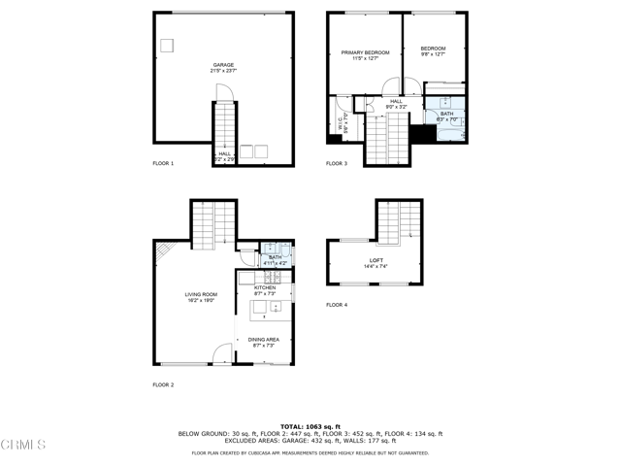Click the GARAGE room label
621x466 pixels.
[x=223, y=67]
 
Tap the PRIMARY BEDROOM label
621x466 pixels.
[x=364, y=54]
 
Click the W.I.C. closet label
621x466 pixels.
[x=341, y=124]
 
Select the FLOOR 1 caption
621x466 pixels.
[x=163, y=163]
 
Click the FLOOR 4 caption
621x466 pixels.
[x=337, y=305]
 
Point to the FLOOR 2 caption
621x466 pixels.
[x=163, y=385]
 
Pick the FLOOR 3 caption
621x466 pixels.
[x=337, y=163]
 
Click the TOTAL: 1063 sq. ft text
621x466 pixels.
[x=310, y=426]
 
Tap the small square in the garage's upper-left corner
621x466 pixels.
[x=166, y=45]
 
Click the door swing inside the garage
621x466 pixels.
[x=222, y=91]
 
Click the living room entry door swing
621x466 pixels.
[x=223, y=354]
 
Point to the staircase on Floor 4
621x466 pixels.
[x=400, y=220]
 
